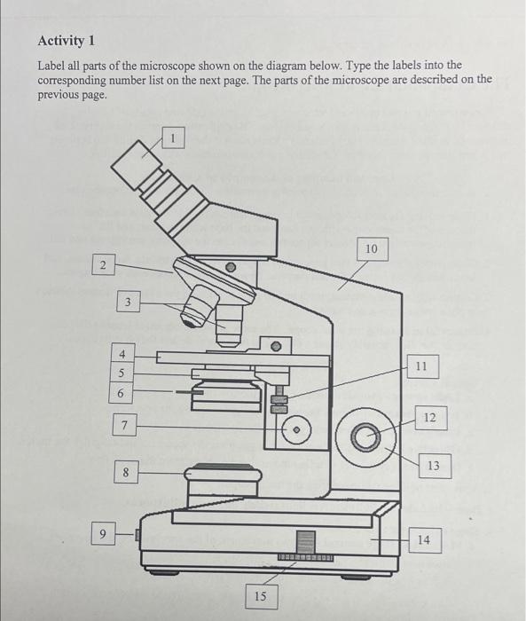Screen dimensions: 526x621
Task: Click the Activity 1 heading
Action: (67, 41)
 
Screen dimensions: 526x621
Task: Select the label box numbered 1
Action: (173, 138)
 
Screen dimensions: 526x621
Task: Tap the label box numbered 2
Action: (104, 265)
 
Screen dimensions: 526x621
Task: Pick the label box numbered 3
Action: (128, 303)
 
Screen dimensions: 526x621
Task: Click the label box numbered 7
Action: (125, 425)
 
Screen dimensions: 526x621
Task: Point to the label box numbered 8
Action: (126, 472)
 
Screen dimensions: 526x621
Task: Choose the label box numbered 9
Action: (103, 534)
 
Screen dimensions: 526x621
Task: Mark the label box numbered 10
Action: (372, 248)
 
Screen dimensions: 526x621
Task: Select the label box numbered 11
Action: (422, 366)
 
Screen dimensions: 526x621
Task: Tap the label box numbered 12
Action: (431, 418)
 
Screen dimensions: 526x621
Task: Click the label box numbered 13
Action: (435, 466)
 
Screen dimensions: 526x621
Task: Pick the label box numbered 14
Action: (425, 539)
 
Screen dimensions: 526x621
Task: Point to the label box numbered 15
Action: (261, 596)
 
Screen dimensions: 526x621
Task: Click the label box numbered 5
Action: (122, 373)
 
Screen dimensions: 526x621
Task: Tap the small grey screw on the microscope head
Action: (231, 267)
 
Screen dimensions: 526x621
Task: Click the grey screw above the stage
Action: (277, 347)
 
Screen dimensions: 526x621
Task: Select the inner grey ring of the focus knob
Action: (366, 436)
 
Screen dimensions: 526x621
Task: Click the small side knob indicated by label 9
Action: (137, 535)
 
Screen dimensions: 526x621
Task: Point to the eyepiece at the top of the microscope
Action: (137, 164)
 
